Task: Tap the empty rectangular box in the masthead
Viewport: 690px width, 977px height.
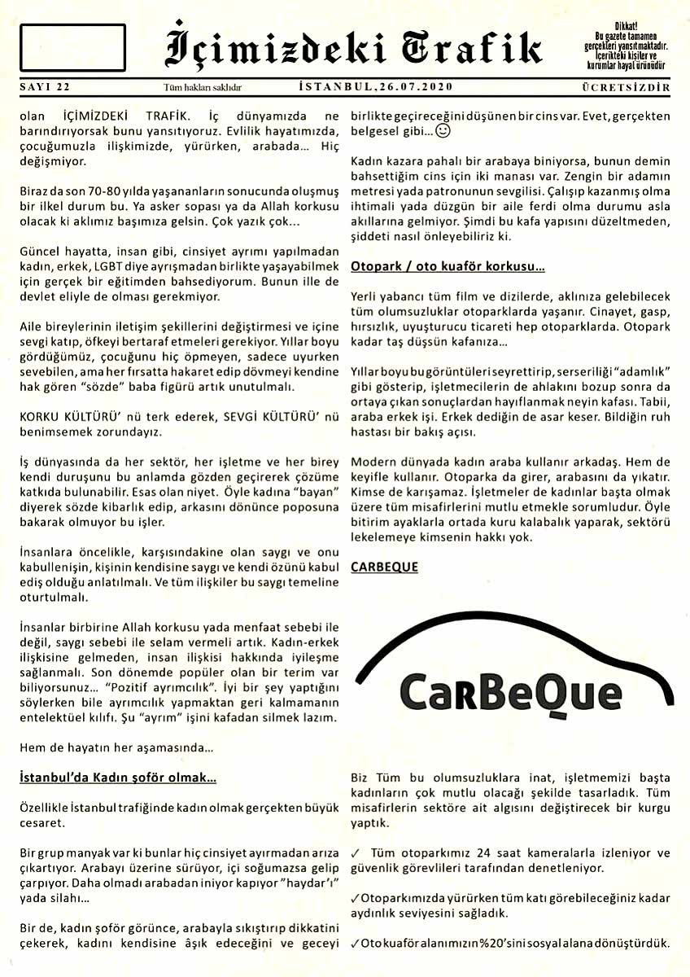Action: pos(72,48)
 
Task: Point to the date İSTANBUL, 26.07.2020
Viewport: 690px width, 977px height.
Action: pos(376,86)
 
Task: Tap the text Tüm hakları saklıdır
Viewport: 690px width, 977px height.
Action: pos(203,87)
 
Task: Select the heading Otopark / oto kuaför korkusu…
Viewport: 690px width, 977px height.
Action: pos(448,266)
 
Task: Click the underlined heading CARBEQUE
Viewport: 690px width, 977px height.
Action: pos(384,567)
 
